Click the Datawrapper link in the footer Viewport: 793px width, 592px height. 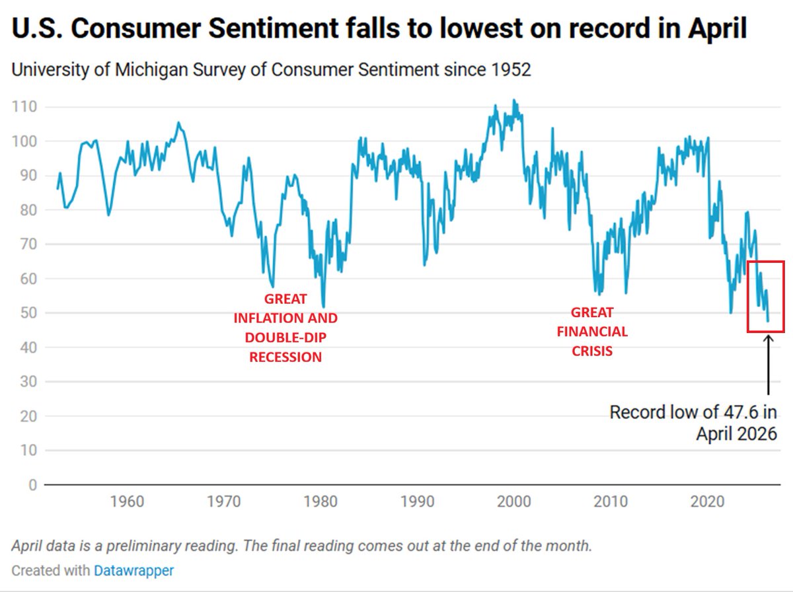133,570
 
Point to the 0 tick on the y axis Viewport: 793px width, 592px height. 32,485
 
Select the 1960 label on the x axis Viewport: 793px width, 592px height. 127,501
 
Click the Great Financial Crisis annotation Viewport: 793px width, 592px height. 592,332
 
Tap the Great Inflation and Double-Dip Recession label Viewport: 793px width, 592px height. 285,328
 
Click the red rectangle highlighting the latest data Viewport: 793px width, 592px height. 766,262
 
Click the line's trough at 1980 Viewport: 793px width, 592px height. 323,306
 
